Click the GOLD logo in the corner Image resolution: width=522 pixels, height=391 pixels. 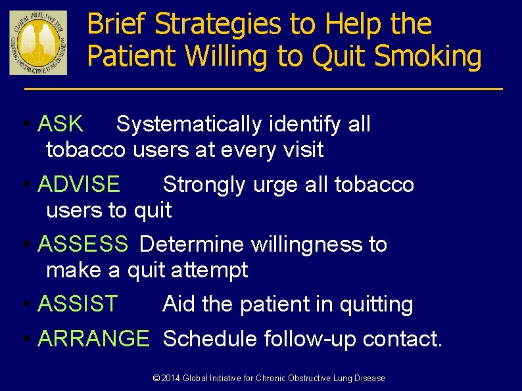tap(38, 43)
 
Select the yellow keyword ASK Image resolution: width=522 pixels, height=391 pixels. tap(60, 124)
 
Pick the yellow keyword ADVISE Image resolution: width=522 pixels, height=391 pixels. tap(79, 184)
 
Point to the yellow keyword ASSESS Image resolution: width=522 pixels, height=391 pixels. tap(83, 244)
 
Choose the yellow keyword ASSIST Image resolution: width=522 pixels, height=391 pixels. tap(78, 304)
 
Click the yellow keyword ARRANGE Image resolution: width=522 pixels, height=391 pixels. tap(93, 338)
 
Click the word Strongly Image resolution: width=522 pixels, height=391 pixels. tap(204, 185)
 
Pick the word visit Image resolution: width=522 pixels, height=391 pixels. tap(302, 150)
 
